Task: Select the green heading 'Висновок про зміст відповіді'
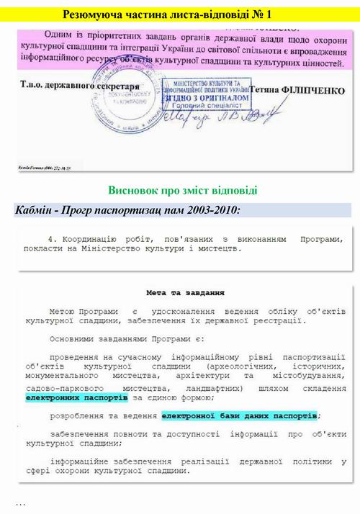click(x=183, y=191)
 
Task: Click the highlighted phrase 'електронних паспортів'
click(x=76, y=397)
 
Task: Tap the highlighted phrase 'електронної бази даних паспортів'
click(x=239, y=416)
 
